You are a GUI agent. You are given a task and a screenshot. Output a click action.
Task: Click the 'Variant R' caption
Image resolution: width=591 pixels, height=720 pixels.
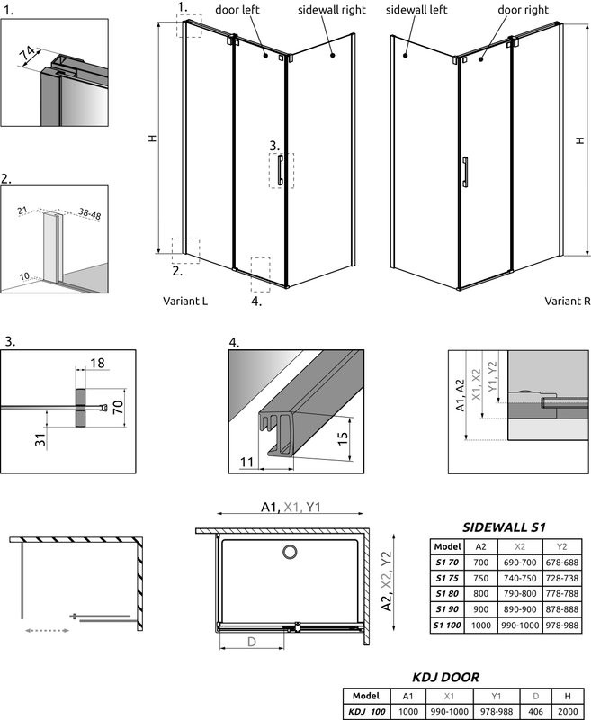coord(567,301)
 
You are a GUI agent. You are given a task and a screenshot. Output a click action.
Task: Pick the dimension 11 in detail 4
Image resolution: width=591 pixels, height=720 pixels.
coord(247,462)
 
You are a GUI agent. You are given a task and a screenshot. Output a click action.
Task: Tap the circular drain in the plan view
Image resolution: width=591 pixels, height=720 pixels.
coord(290,553)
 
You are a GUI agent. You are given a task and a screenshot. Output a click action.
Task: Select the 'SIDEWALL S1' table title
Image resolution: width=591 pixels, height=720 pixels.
coord(504,526)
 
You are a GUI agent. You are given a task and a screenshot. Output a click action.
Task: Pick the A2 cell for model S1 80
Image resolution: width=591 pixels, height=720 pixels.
coord(480,594)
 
